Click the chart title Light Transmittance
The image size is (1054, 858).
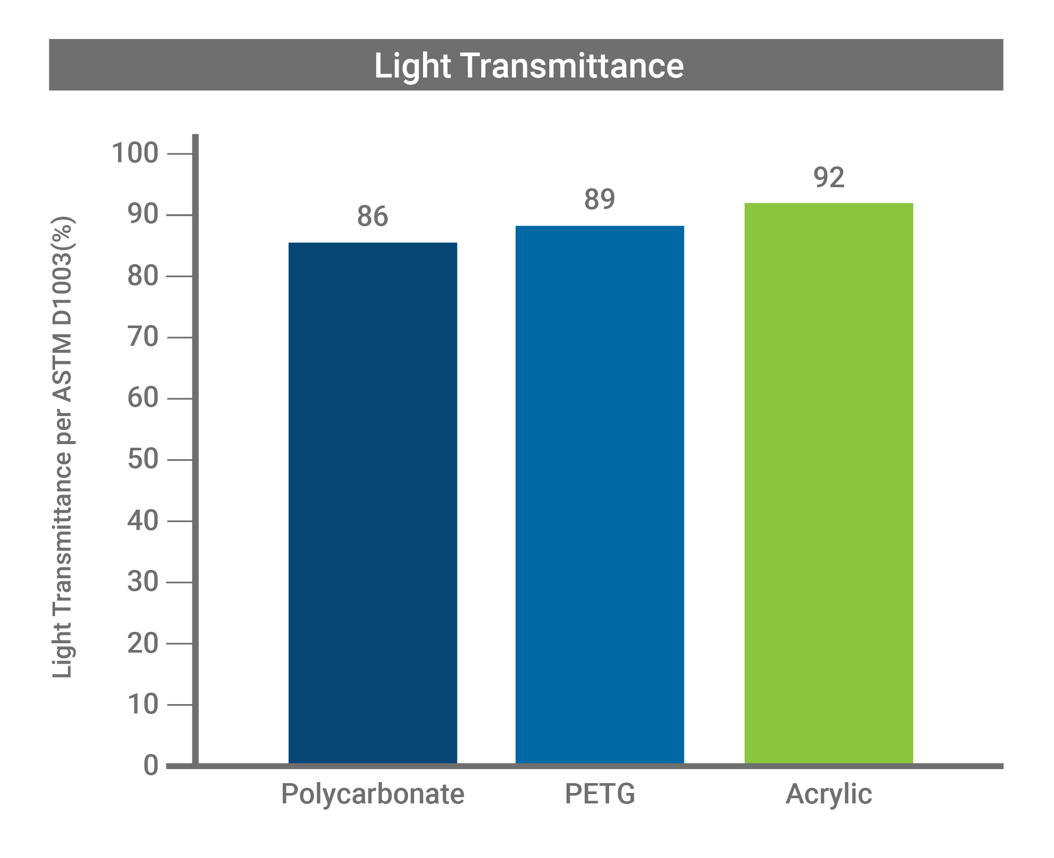click(529, 66)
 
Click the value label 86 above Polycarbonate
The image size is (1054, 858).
click(372, 216)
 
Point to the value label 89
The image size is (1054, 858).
click(599, 199)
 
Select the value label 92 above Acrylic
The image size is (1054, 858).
click(828, 177)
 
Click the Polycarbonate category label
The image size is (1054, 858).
click(373, 794)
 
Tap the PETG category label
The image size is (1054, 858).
click(600, 794)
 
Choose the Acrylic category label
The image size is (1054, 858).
click(828, 794)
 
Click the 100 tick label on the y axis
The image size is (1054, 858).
click(135, 153)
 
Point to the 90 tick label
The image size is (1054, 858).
click(143, 214)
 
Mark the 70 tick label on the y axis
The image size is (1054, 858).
click(143, 337)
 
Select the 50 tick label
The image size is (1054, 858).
click(143, 460)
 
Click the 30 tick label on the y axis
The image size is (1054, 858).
click(143, 582)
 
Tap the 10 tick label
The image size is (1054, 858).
click(143, 705)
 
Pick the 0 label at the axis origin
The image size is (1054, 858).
click(151, 766)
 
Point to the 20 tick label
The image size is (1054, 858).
click(143, 644)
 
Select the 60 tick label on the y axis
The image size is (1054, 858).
click(143, 398)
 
